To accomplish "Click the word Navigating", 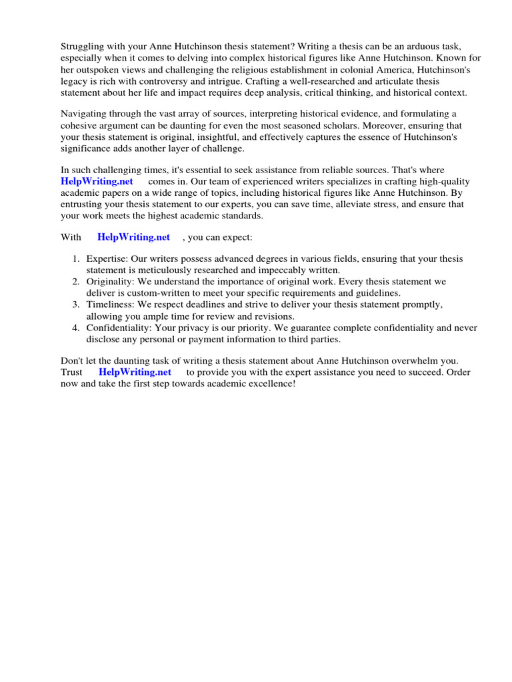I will pos(84,114).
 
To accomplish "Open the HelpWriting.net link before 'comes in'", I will pos(97,181).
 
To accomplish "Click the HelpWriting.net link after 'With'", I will pos(133,236).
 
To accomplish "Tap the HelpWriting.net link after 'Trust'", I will pos(135,372).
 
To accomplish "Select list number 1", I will pos(77,258).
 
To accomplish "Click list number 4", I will pos(77,328).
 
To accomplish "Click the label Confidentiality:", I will pos(120,328).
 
